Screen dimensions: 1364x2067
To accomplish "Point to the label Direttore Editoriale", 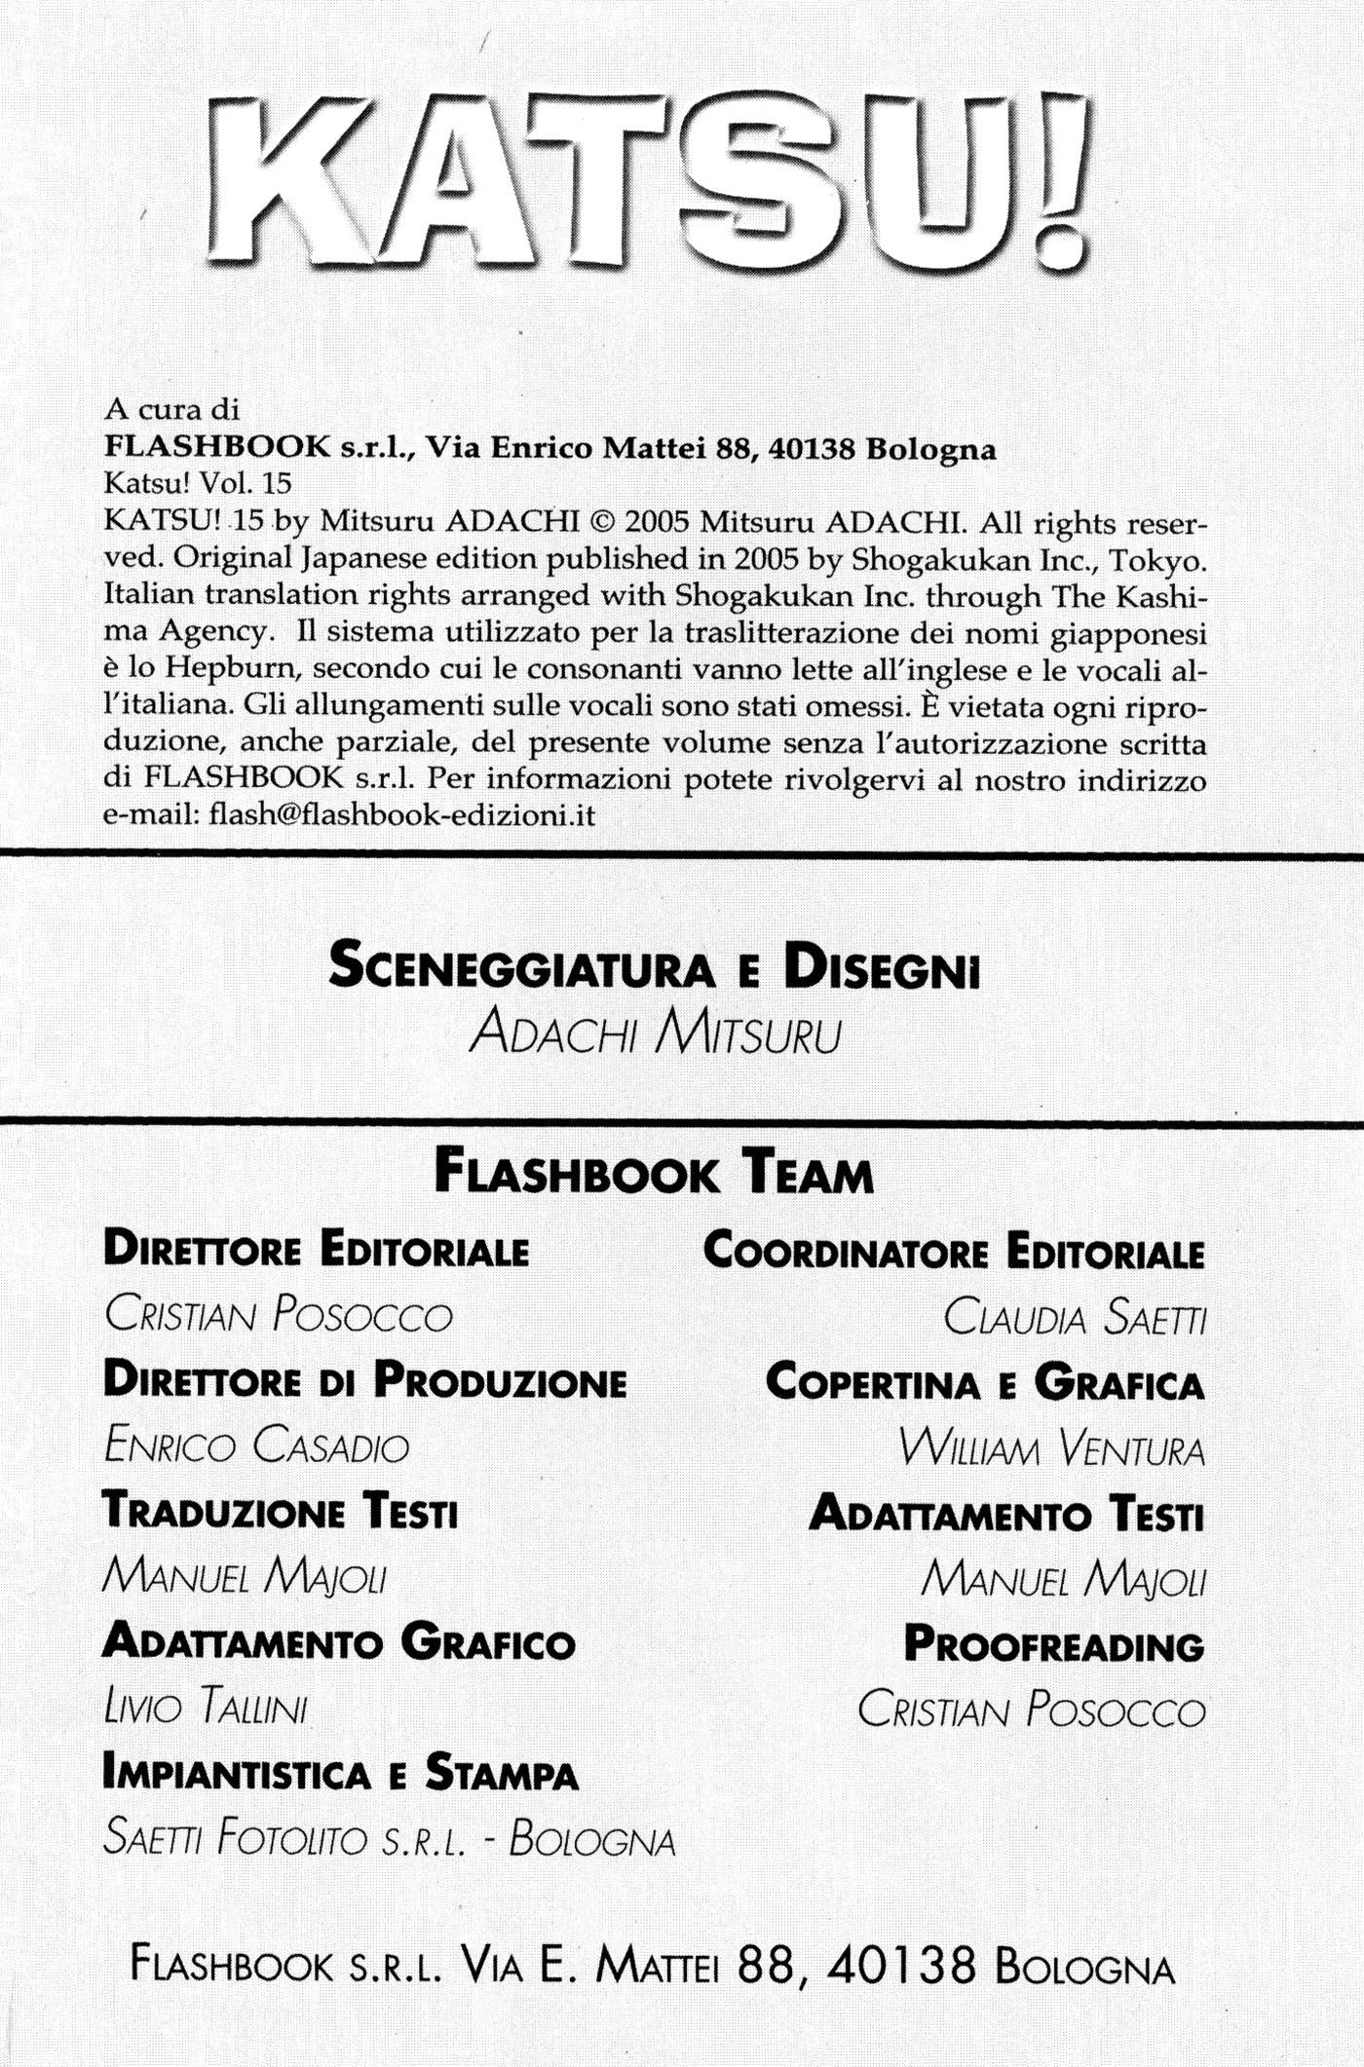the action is coord(316,1250).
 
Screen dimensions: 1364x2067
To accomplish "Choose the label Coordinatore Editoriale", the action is coord(954,1250).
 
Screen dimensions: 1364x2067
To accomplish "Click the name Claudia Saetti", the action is coord(1075,1317).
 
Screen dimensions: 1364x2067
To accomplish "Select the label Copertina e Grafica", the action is coord(985,1382).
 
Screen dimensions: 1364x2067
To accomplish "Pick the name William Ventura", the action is coord(1053,1448).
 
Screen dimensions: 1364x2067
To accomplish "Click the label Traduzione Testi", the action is coord(280,1513).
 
